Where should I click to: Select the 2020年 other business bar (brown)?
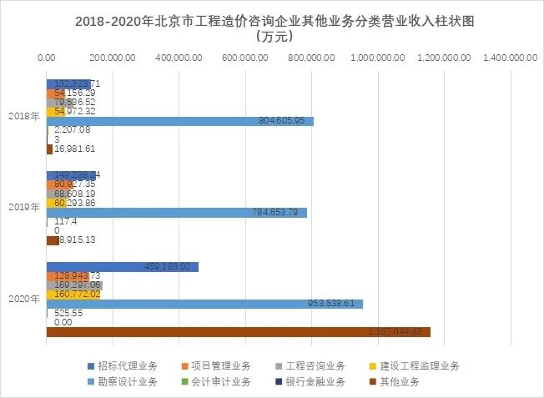(238, 332)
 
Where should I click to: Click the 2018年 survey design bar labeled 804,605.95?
(179, 121)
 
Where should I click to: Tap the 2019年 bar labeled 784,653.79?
(176, 213)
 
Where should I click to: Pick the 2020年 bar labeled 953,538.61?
(204, 304)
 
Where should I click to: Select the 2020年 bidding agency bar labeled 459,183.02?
(122, 267)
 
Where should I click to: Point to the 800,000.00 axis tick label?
(311, 58)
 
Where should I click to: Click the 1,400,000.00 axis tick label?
(509, 58)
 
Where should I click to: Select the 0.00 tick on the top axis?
(47, 58)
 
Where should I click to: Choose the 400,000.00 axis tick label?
(179, 58)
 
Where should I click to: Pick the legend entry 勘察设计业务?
(125, 382)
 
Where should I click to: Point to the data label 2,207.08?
(71, 130)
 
